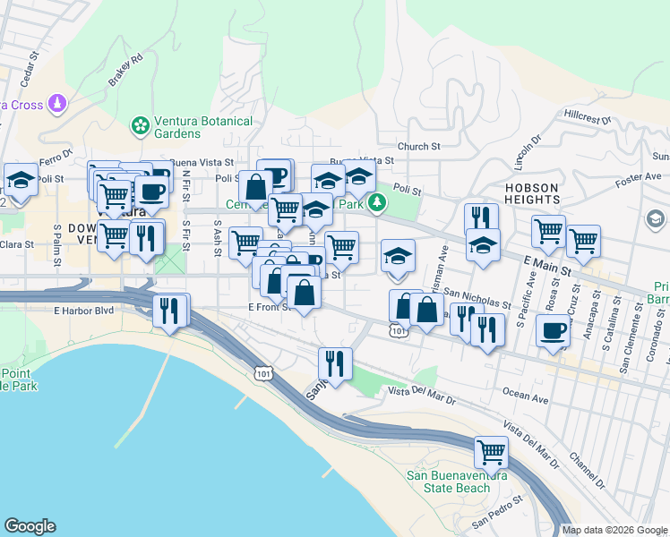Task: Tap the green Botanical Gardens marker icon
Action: (x=140, y=126)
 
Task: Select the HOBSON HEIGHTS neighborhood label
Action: (x=532, y=194)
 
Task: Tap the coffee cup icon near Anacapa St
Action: (x=553, y=331)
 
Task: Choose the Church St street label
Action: (x=419, y=146)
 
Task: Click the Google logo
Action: (x=30, y=526)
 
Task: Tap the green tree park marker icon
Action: (x=378, y=203)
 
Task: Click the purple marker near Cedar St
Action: (x=58, y=104)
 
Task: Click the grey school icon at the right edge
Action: (x=656, y=219)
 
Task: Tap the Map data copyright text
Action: (x=614, y=530)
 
